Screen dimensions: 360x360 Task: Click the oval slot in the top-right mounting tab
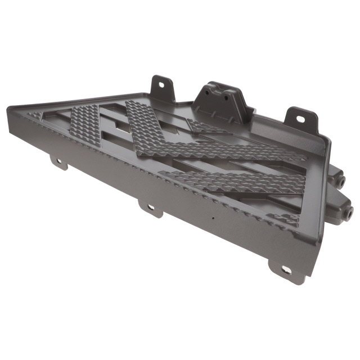301,119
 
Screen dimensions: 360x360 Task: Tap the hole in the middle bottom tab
151,208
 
